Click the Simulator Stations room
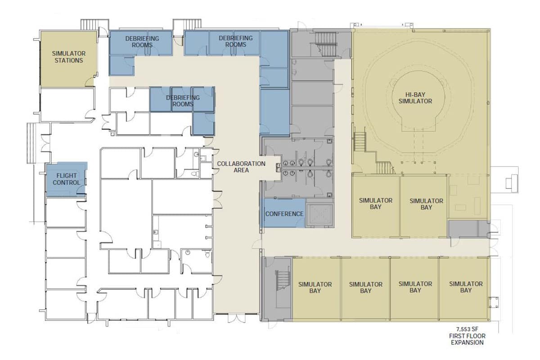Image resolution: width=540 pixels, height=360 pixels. tap(68, 57)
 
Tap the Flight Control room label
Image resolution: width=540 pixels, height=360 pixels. tap(66, 179)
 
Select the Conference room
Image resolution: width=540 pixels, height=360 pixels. tap(284, 213)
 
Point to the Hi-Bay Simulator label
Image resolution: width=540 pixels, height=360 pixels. tap(418, 98)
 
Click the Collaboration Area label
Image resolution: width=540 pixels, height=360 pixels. tap(241, 167)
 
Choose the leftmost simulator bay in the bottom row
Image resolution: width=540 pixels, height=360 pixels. tap(315, 288)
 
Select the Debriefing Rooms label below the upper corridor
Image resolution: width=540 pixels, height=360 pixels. tap(183, 100)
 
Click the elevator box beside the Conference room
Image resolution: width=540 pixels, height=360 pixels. tap(319, 215)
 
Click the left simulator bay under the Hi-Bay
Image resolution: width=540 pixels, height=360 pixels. tap(376, 203)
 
